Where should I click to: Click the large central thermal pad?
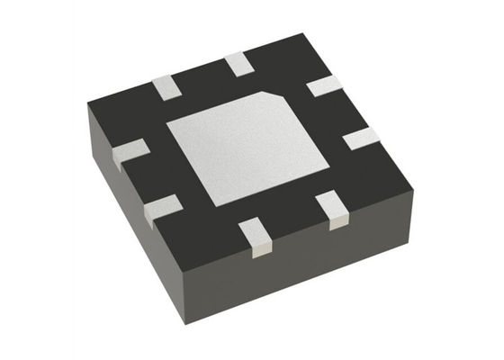coord(247,148)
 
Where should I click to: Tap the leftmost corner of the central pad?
coord(167,125)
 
